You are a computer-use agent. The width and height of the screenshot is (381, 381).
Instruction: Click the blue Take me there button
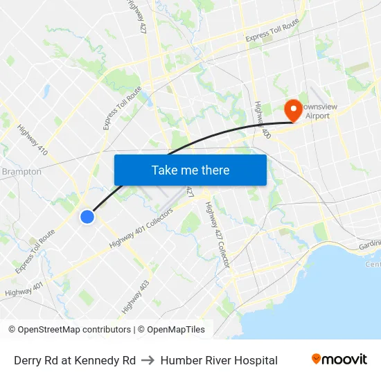[190, 170]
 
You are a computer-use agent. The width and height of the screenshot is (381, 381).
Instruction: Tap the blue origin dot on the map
[87, 217]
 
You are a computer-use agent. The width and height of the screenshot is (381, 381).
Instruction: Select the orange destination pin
[292, 109]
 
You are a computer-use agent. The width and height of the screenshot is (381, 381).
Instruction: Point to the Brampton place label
[21, 172]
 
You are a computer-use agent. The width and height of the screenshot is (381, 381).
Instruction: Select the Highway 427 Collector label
[220, 238]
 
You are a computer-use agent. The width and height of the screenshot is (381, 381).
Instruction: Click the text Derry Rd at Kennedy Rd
[75, 360]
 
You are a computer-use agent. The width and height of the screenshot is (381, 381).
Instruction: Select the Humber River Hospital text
[219, 360]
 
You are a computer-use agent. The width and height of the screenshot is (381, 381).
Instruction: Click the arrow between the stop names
[148, 360]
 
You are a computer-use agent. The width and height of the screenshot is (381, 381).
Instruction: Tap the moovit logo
[339, 359]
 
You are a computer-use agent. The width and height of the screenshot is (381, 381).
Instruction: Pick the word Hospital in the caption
[256, 360]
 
